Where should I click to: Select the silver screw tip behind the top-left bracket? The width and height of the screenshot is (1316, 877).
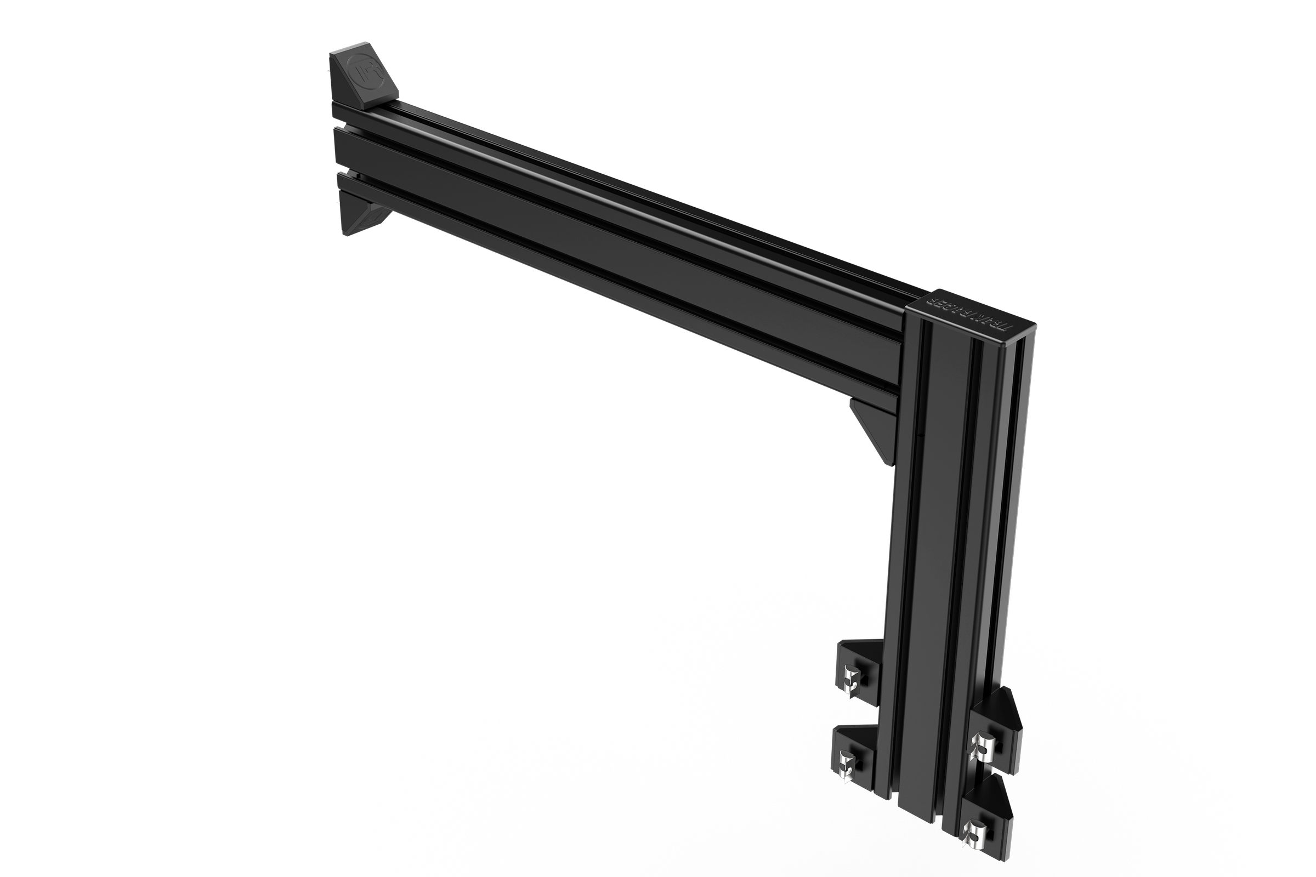click(x=328, y=70)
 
